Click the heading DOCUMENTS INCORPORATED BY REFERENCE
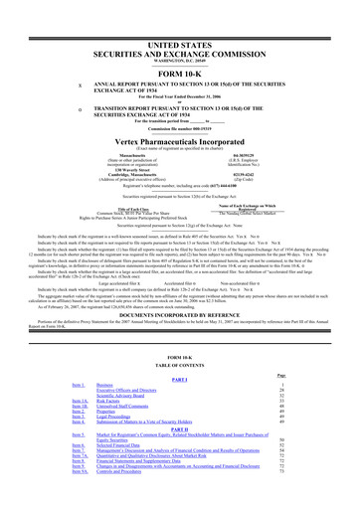(180, 283)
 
